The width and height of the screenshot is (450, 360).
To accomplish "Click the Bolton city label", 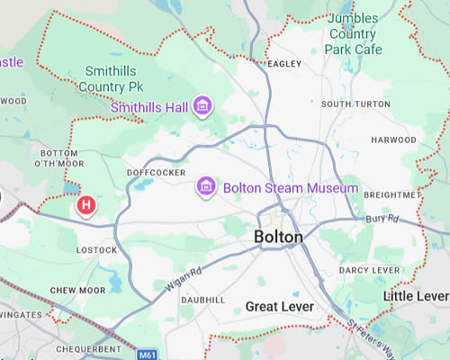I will (x=279, y=237).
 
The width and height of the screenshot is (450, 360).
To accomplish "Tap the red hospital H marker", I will (x=86, y=206).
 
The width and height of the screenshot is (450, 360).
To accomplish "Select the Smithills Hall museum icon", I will (x=203, y=107).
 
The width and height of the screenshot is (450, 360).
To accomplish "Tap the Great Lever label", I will (x=280, y=307).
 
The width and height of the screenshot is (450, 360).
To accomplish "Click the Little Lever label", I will (x=415, y=296).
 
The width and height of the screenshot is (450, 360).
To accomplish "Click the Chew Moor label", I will (x=73, y=289).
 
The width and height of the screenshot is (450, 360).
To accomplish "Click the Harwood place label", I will (x=394, y=140).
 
